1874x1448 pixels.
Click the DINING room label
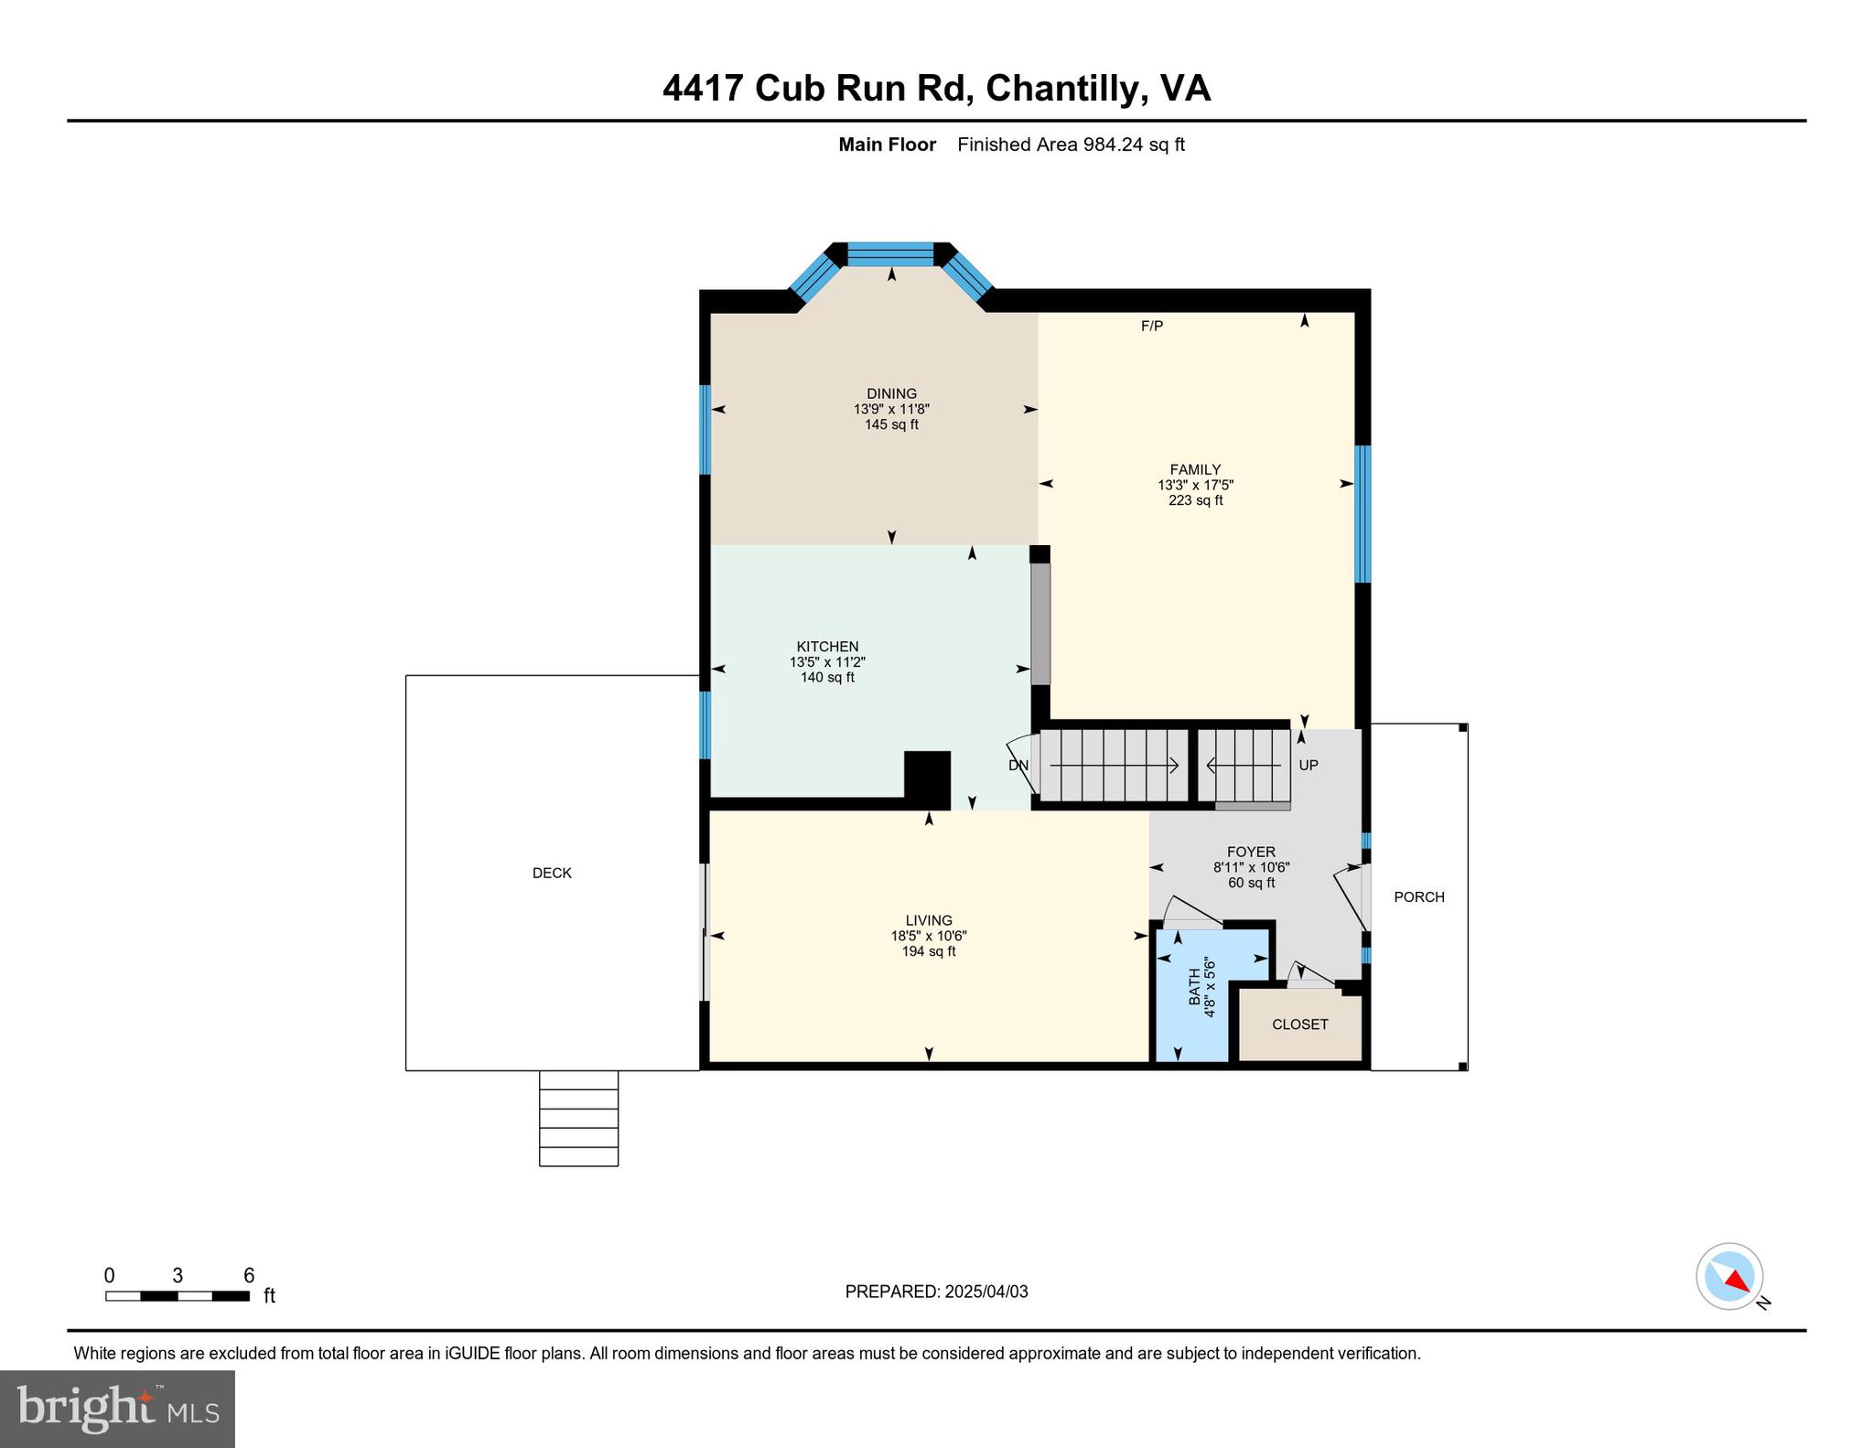[x=891, y=393]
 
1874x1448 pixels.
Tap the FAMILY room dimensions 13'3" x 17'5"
[x=1195, y=486]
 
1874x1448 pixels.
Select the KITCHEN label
[x=827, y=647]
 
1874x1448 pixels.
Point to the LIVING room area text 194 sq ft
[x=929, y=951]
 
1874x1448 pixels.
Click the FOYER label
[x=1251, y=852]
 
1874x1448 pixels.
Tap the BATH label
[x=1195, y=987]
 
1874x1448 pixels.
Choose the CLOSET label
[x=1299, y=1024]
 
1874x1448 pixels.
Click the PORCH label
[x=1418, y=897]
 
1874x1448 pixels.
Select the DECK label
[x=552, y=874]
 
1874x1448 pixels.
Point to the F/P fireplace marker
[x=1152, y=327]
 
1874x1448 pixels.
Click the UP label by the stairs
[x=1309, y=765]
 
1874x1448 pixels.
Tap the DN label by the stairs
[x=1018, y=766]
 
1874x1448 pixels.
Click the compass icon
[x=1729, y=1276]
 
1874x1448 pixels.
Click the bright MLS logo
[x=117, y=1409]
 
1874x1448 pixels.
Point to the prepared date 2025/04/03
[x=986, y=1292]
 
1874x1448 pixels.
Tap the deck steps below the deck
[x=578, y=1118]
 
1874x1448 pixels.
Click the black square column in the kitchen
[x=927, y=778]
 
